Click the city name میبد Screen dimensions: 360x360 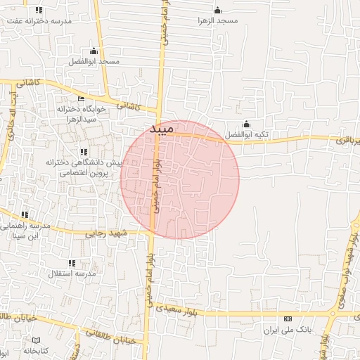(161, 129)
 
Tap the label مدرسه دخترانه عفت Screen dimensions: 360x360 (39, 21)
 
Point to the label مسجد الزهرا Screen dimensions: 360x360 (218, 20)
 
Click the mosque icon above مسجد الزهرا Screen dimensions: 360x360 (217, 10)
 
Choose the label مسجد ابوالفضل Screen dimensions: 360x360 (94, 62)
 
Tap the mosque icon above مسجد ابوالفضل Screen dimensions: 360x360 (94, 51)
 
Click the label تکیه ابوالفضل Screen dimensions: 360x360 (246, 134)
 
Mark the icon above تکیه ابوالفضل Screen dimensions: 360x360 (245, 124)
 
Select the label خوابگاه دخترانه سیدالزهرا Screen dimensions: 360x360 (81, 115)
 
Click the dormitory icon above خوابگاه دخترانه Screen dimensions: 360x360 (81, 99)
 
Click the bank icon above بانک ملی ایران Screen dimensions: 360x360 (287, 319)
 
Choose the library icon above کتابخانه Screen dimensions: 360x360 (37, 340)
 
